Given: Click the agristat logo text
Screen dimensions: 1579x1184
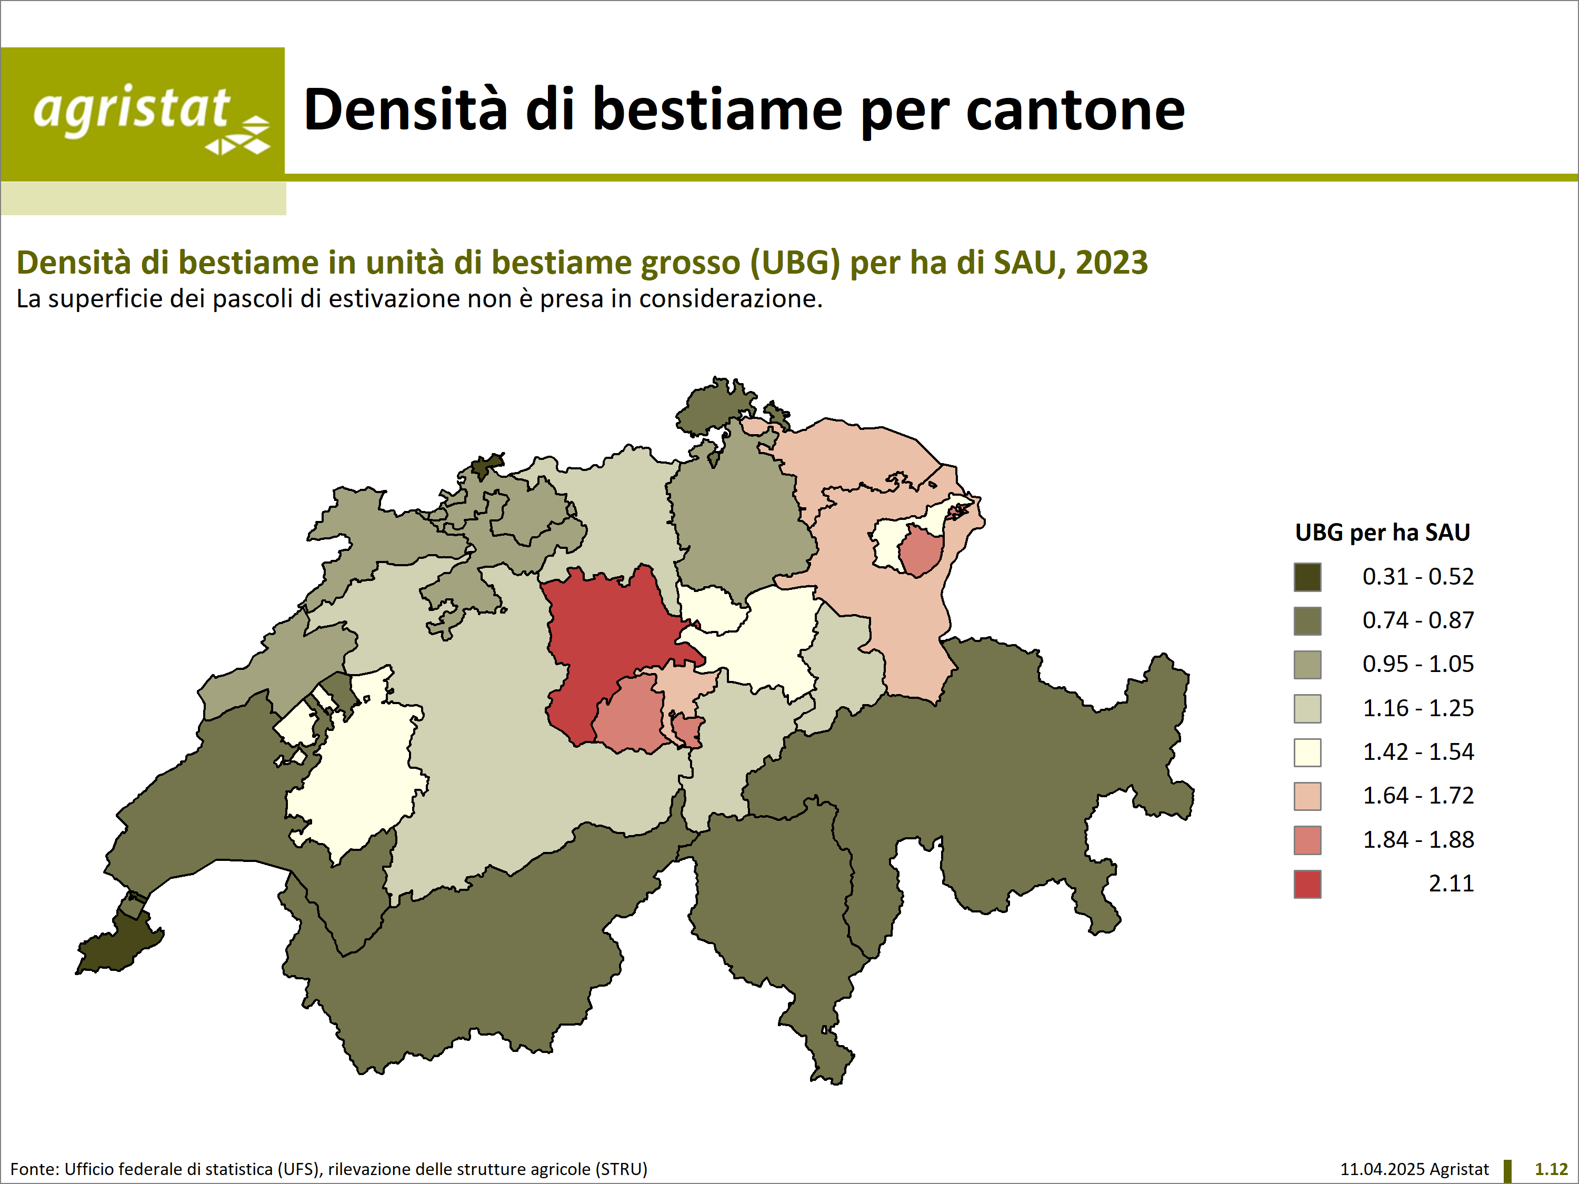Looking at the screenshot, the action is pos(132,111).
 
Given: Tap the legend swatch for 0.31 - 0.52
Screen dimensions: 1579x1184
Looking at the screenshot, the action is pos(1307,577).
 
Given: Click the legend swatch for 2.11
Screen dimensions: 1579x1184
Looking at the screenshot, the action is pos(1307,884).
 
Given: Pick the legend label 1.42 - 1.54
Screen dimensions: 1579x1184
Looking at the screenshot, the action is pos(1417,752).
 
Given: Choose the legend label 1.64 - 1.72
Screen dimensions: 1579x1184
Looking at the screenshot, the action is pos(1417,796).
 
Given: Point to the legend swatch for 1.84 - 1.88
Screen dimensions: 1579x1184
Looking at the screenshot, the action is pos(1307,840).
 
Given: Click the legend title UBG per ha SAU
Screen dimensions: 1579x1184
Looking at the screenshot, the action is pos(1383,533).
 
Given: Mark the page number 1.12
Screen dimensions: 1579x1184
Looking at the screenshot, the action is pos(1551,1169).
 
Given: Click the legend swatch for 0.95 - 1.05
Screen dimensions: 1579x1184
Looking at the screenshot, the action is pos(1307,665).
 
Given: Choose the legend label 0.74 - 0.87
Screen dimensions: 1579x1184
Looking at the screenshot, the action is pos(1417,620).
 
